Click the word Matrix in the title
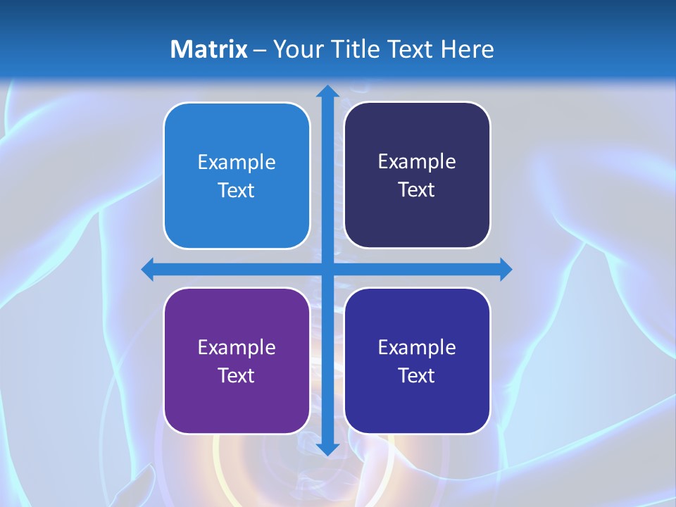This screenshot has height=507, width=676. click(x=208, y=49)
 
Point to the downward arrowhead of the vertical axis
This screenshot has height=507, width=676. click(x=327, y=449)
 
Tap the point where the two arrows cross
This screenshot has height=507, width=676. click(x=327, y=269)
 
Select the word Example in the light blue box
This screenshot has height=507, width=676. click(x=237, y=163)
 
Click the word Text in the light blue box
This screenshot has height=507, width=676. click(x=237, y=191)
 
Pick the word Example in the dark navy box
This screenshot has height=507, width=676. click(x=417, y=162)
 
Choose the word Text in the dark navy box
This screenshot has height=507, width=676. click(x=417, y=190)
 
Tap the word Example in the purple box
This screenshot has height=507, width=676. click(x=237, y=347)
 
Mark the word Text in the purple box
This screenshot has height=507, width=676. click(x=237, y=375)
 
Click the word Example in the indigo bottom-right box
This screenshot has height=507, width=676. click(x=417, y=347)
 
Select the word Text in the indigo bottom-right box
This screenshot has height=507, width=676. click(x=417, y=375)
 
